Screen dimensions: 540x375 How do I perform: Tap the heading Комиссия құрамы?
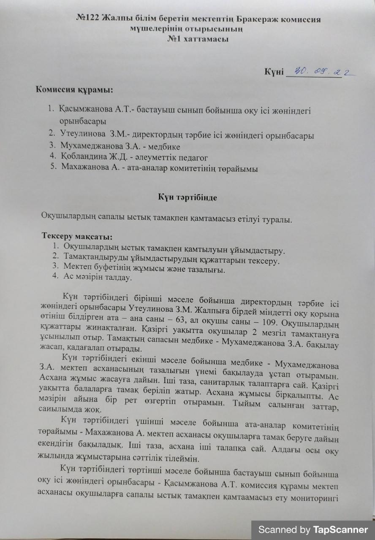click(x=74, y=90)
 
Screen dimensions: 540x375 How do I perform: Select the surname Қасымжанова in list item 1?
click(x=86, y=111)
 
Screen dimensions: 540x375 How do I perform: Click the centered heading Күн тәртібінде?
click(x=187, y=197)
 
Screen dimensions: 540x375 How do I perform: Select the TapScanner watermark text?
click(x=313, y=529)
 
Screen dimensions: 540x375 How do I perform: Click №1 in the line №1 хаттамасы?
click(x=175, y=39)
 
